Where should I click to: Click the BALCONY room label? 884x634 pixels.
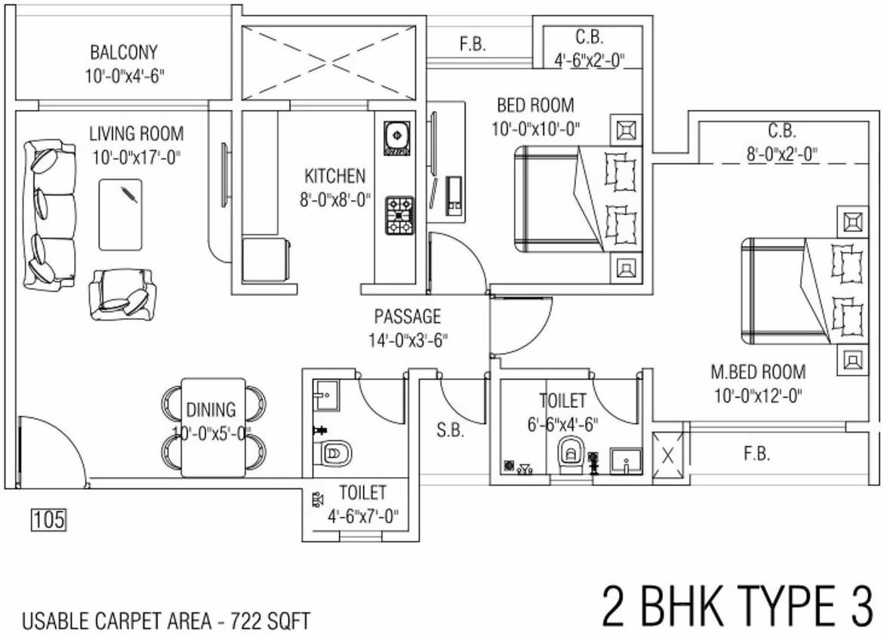[124, 52]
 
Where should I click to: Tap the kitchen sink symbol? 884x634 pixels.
[398, 138]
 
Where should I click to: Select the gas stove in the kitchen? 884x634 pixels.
[400, 215]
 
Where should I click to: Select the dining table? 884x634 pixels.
[214, 426]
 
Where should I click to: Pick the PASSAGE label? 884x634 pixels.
[408, 317]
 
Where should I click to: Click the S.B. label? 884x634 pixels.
[451, 431]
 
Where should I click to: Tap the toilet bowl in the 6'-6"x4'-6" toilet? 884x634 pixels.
[573, 453]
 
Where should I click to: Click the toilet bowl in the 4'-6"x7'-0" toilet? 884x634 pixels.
[333, 453]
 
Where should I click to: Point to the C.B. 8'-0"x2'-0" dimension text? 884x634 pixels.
[783, 154]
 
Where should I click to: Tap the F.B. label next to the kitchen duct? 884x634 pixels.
[473, 45]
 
